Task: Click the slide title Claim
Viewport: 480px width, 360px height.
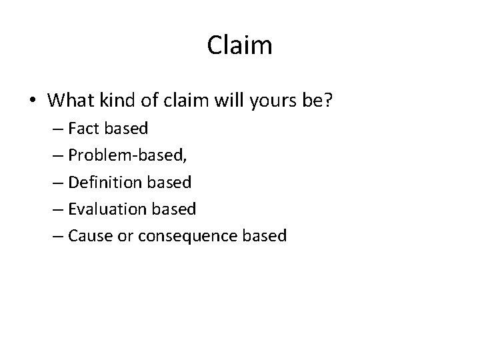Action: (x=239, y=45)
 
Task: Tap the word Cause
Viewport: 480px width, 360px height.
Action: (x=87, y=236)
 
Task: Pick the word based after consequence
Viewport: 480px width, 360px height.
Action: (x=265, y=236)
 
